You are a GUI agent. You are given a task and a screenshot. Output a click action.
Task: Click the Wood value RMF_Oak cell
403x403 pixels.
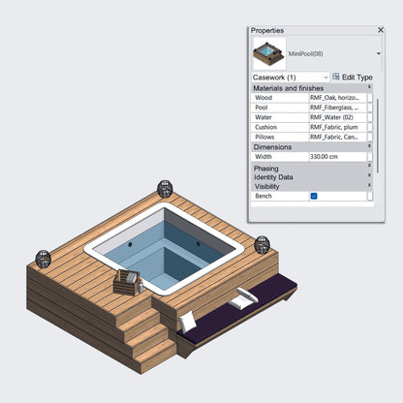(336, 98)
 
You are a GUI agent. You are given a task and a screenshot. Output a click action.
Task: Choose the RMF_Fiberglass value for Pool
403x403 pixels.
(336, 108)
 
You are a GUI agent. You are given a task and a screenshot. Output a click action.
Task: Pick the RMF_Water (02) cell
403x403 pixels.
(336, 117)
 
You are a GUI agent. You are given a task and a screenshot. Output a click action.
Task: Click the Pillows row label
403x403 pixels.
(265, 138)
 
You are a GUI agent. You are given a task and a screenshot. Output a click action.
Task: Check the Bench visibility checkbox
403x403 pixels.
(314, 196)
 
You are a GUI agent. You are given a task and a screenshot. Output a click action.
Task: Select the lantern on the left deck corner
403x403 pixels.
(43, 259)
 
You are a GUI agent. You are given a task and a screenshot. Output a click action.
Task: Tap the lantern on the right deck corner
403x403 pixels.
(262, 244)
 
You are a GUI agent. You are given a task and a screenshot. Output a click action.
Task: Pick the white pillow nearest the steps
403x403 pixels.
(188, 320)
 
